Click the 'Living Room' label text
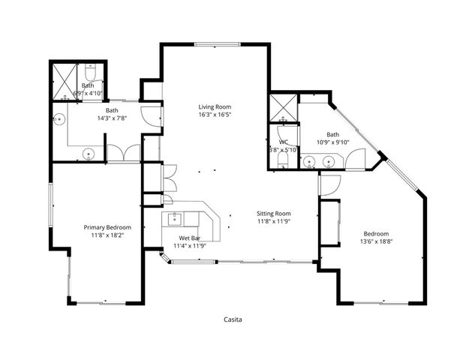pos(215,106)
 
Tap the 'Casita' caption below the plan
pos(233,319)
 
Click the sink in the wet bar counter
pos(174,219)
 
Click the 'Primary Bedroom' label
pos(107,227)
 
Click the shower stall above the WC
pos(283,108)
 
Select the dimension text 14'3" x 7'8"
pos(112,118)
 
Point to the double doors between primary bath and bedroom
pos(123,152)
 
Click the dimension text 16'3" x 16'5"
pos(215,115)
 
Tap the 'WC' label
pos(283,141)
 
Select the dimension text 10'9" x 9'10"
pos(332,142)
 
